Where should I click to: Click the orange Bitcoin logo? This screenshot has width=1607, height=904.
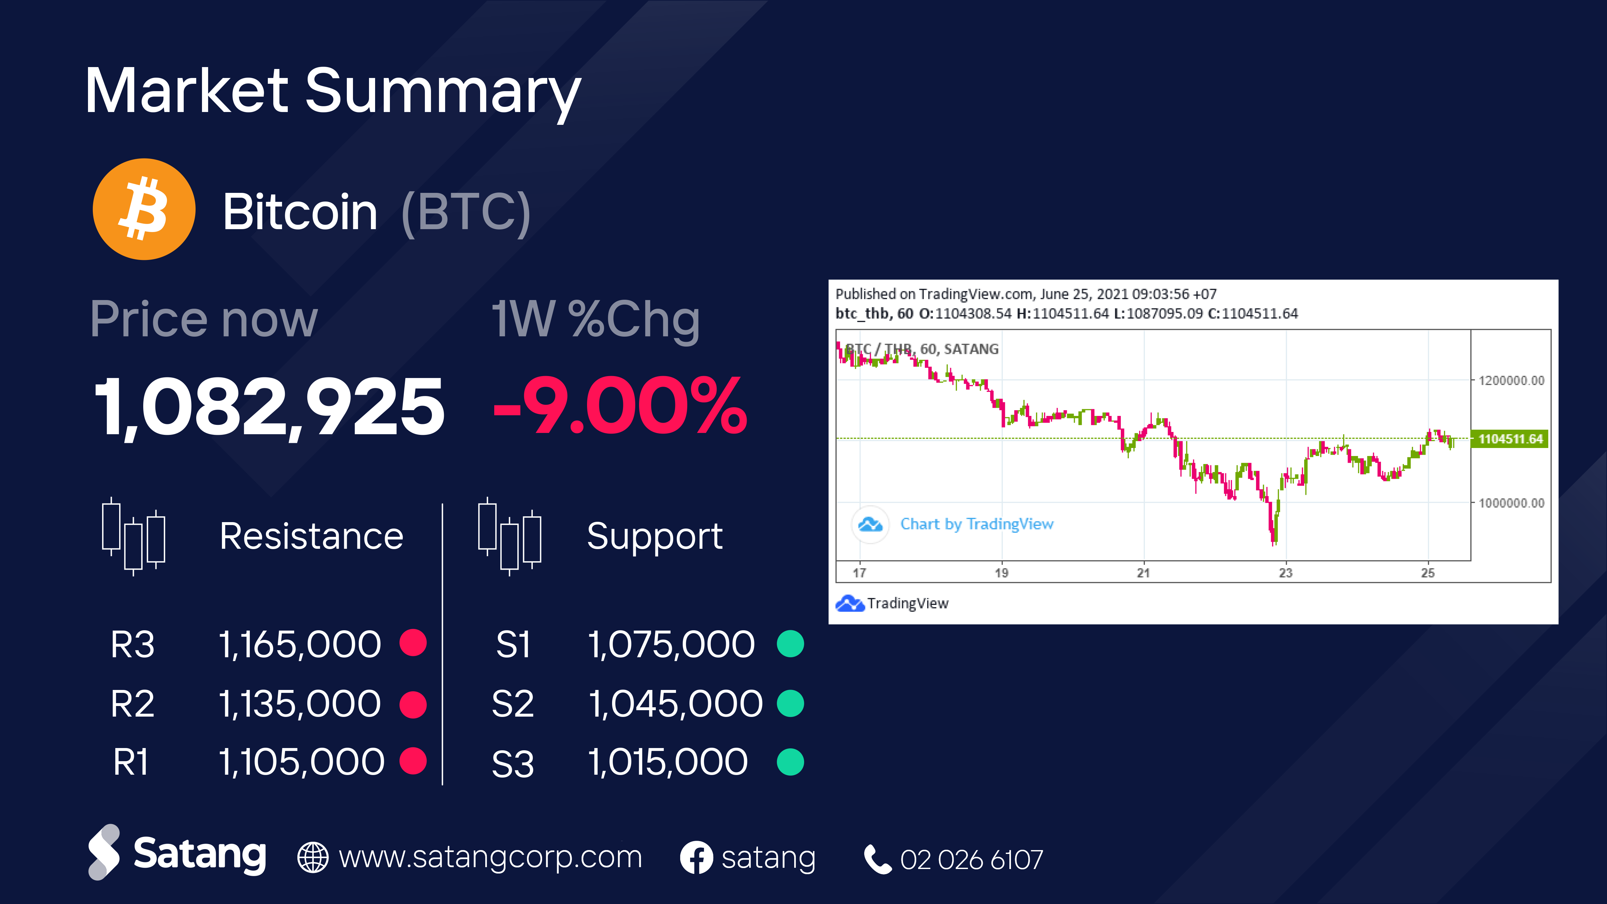coord(144,210)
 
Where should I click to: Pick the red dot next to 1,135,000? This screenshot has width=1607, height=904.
coord(413,704)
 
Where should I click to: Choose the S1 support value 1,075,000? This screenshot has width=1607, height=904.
coord(671,644)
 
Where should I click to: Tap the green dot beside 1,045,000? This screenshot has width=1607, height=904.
coord(790,704)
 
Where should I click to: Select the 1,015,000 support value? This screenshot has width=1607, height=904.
coord(668,762)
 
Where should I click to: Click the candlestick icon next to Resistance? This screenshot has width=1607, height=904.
coord(134,536)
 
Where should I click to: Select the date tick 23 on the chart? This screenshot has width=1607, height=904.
coord(1286,572)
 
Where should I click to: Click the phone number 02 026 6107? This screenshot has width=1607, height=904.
coord(971,860)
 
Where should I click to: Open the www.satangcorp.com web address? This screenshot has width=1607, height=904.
coord(490,857)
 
